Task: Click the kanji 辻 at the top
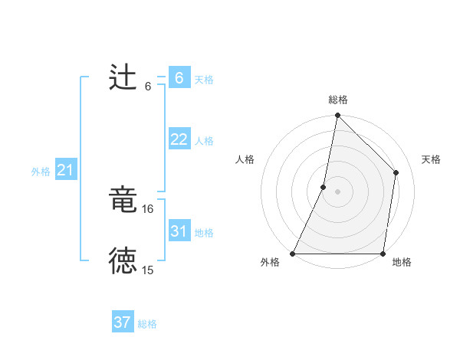point(123,78)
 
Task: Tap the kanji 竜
point(123,201)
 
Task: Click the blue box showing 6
point(179,77)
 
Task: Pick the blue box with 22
point(179,139)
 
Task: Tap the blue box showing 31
point(179,231)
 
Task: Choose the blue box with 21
point(65,170)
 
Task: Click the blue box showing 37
point(123,322)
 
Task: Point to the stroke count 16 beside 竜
point(148,208)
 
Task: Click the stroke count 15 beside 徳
point(148,270)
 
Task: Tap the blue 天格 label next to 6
point(204,79)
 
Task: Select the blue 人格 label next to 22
point(204,141)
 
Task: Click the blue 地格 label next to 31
point(204,233)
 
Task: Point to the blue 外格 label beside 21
point(41,172)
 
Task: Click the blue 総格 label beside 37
point(147,324)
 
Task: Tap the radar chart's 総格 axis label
point(338,100)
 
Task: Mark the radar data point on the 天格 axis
point(396,172)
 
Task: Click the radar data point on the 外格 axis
point(293,254)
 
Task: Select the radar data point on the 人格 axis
point(324,187)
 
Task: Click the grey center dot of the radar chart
point(337,191)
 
